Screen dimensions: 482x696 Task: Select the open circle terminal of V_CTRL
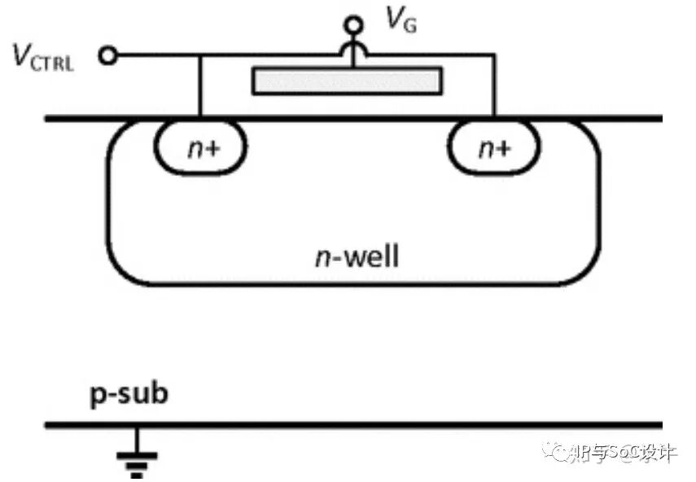(x=107, y=55)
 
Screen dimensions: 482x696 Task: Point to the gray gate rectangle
(x=348, y=81)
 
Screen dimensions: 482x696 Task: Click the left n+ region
(x=200, y=147)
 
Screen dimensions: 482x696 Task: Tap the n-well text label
(x=357, y=257)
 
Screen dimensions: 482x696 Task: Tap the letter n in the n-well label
(x=320, y=258)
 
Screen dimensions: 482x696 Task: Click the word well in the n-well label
(x=370, y=257)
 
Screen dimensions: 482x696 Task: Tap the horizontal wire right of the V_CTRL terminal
(x=155, y=55)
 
